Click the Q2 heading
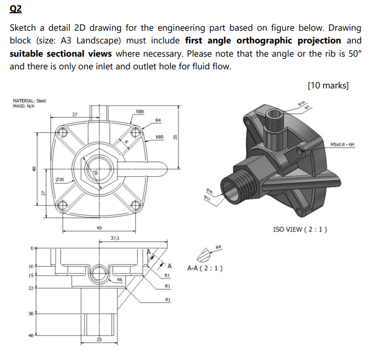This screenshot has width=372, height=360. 16,9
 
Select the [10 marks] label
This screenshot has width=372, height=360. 328,85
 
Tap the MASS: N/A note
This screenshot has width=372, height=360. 24,105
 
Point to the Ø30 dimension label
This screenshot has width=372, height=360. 60,180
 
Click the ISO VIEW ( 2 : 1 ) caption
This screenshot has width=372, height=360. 300,229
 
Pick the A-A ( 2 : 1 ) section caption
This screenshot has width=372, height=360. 205,267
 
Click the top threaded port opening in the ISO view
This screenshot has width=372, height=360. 275,114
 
